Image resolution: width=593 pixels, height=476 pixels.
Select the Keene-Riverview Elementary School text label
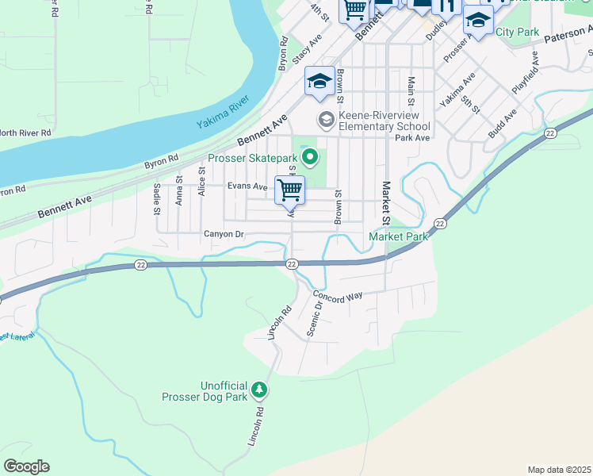pos(384,121)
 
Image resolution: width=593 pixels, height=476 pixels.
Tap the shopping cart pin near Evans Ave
pos(290,190)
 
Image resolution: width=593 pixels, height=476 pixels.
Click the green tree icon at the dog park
pos(258,390)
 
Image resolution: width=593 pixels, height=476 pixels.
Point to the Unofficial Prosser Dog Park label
pos(204,390)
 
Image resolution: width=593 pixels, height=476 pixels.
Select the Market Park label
pos(398,236)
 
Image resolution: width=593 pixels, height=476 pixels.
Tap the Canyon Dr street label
pos(223,234)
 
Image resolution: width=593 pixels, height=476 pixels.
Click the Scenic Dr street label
pos(315,316)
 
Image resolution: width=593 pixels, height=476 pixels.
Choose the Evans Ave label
pos(247,186)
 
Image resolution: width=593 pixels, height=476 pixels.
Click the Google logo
pos(26,466)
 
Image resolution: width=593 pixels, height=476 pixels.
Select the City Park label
pos(517,32)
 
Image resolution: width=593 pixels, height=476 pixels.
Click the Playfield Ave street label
pos(525,74)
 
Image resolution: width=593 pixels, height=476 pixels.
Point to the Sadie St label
pos(156,199)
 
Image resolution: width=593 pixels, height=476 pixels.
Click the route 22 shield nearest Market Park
pos(440,225)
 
